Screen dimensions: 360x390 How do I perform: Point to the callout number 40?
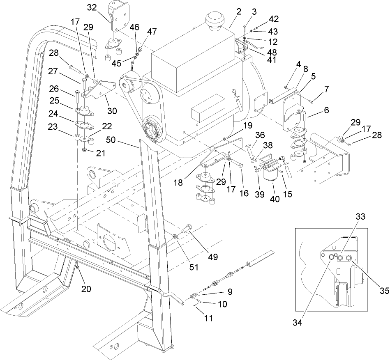(274, 199)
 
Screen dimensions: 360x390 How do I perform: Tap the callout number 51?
(194, 267)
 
